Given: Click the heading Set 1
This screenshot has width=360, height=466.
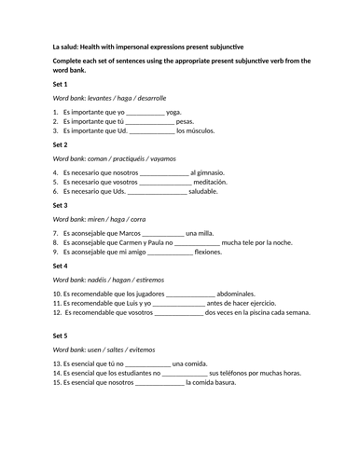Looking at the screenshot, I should click(61, 84).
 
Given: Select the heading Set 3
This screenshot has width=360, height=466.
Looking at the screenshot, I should click(61, 204).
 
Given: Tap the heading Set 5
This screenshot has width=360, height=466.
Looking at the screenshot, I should click(61, 335).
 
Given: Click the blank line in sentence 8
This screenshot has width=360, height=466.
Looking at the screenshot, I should click(197, 243).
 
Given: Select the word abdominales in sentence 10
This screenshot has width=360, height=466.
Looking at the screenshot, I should click(240, 293).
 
